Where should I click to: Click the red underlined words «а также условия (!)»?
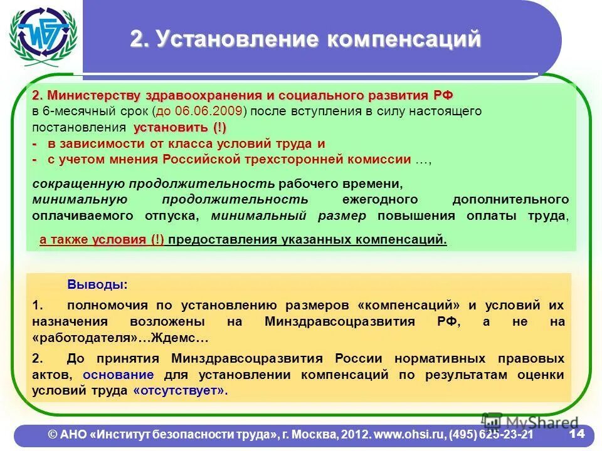click(102, 240)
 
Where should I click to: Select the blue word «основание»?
click(119, 375)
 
